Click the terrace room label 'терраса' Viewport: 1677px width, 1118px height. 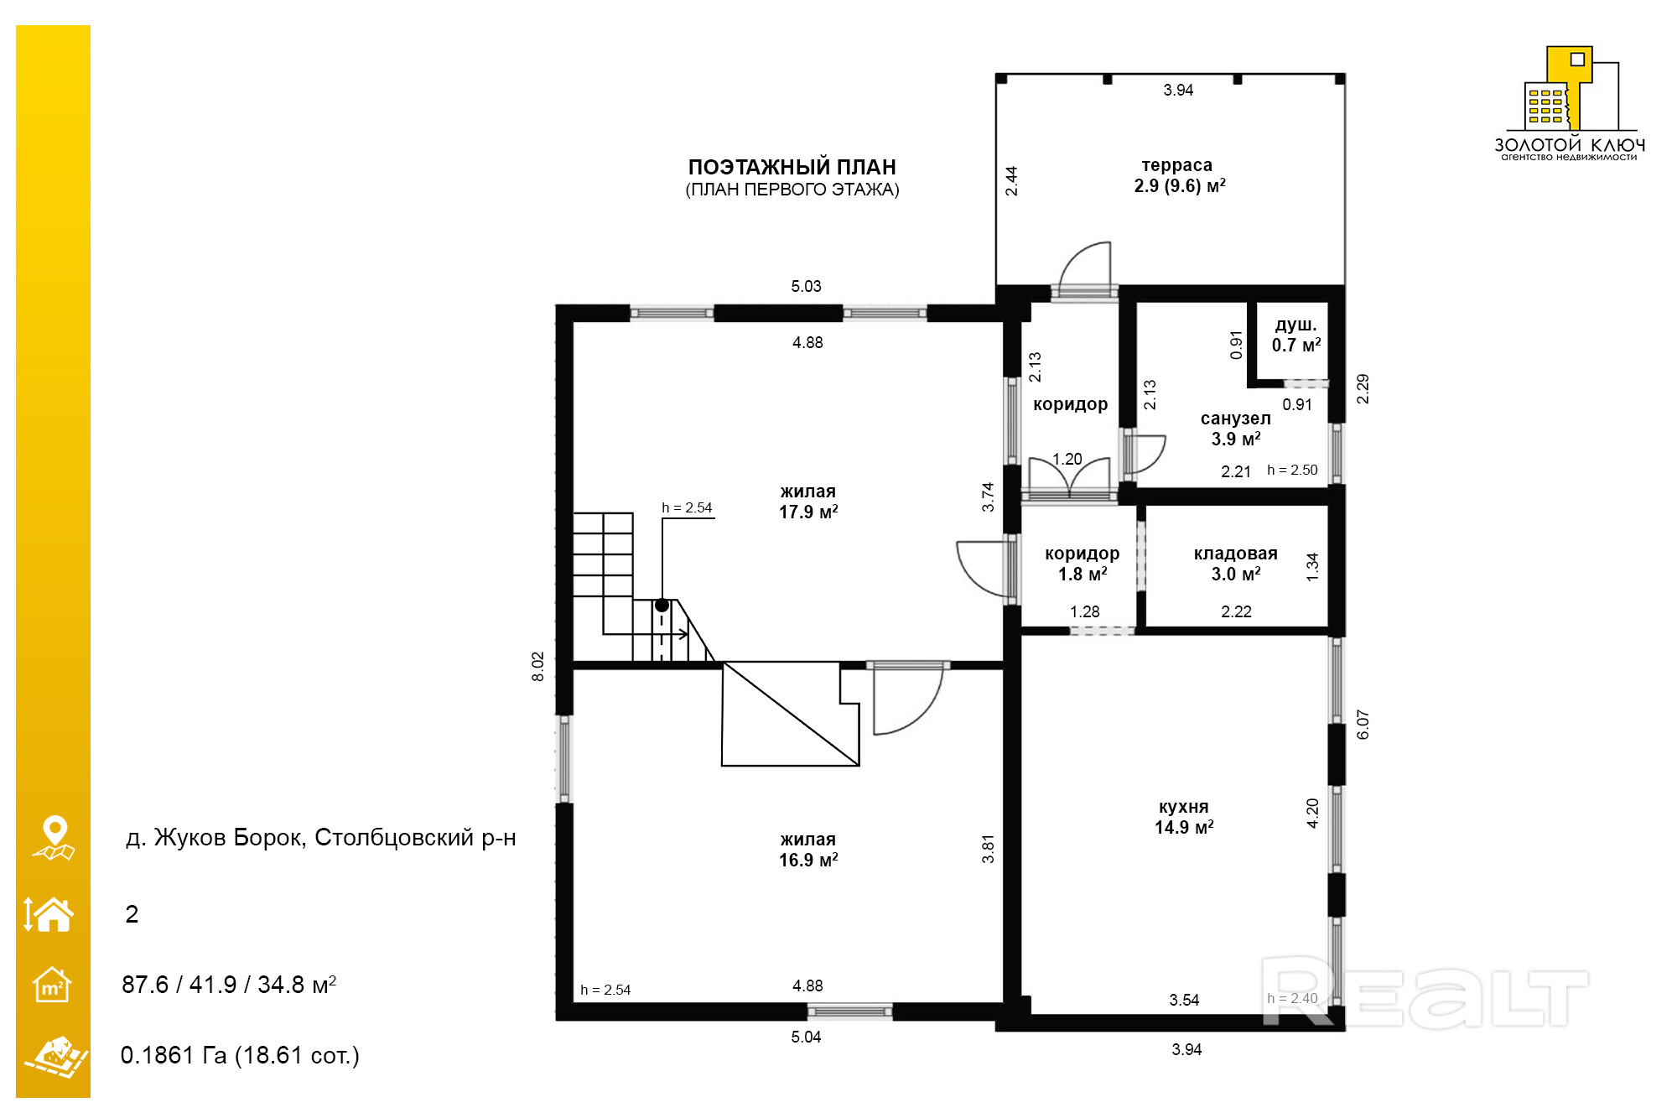1176,165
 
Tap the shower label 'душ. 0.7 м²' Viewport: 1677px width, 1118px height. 1295,335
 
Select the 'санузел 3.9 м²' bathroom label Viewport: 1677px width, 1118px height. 1235,429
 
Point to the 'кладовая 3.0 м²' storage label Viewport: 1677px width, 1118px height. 1235,564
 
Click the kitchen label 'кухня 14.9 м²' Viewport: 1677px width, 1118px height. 1183,817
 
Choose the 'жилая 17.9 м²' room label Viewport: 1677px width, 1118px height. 807,502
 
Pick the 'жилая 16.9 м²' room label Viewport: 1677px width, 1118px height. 807,850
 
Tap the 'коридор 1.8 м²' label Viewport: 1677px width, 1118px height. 1082,564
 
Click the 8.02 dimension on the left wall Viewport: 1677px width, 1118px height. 537,667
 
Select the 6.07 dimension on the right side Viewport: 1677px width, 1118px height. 1363,725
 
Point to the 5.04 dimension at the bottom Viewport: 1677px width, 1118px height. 806,1037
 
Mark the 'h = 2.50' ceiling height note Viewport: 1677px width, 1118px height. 1292,470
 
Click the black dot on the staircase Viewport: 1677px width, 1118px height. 662,605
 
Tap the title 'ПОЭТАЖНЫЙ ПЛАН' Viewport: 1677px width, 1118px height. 792,167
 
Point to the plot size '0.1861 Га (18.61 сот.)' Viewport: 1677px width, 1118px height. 240,1055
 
